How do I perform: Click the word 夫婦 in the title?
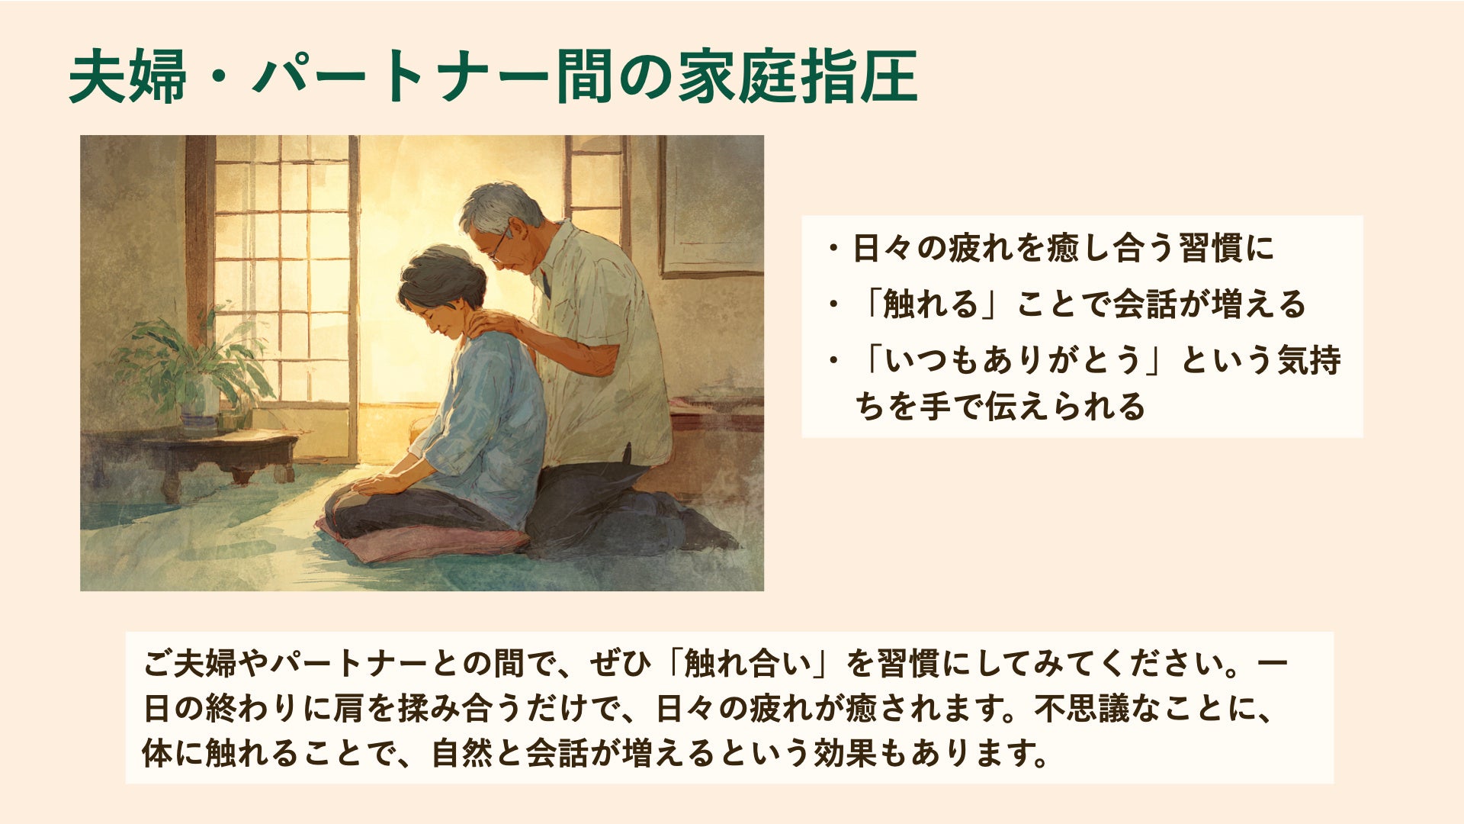coord(127,77)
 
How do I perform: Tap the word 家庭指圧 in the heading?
coord(798,77)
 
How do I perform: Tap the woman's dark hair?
coord(442,276)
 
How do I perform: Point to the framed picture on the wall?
coord(711,206)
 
